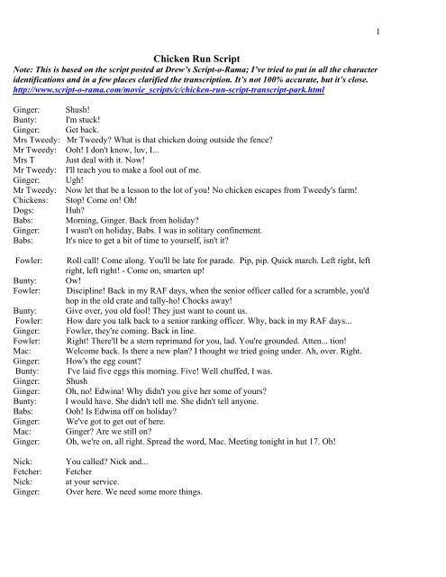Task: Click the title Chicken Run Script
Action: click(x=223, y=56)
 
